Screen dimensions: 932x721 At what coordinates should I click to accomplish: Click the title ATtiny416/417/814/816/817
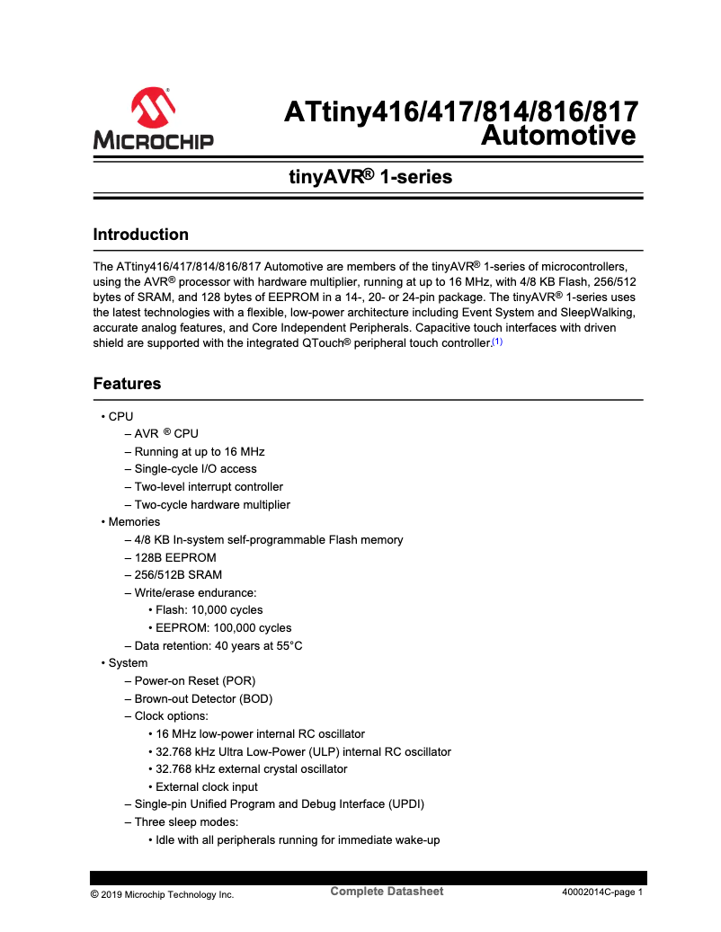(461, 112)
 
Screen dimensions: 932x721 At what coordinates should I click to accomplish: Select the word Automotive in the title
(558, 137)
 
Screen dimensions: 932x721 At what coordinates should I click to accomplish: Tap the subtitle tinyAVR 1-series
(369, 177)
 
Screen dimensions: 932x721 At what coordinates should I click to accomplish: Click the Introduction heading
(141, 235)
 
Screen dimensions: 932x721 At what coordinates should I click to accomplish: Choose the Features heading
(127, 384)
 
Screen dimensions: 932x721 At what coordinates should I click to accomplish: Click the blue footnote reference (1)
(497, 342)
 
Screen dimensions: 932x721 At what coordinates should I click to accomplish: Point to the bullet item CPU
(120, 416)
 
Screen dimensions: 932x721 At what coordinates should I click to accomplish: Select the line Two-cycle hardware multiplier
(212, 504)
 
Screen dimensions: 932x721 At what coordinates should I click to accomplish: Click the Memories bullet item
(134, 522)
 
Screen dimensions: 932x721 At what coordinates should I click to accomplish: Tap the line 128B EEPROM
(175, 557)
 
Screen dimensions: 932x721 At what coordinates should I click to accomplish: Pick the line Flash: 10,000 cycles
(209, 610)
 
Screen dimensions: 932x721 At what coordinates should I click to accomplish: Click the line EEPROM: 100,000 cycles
(223, 627)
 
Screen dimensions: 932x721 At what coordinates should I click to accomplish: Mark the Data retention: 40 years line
(218, 645)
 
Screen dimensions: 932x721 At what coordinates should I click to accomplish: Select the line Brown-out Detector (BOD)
(203, 698)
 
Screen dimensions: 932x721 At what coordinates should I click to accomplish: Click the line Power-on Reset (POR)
(195, 680)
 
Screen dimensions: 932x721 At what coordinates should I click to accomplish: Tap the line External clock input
(207, 786)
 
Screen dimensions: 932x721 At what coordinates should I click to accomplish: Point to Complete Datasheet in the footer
(387, 892)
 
